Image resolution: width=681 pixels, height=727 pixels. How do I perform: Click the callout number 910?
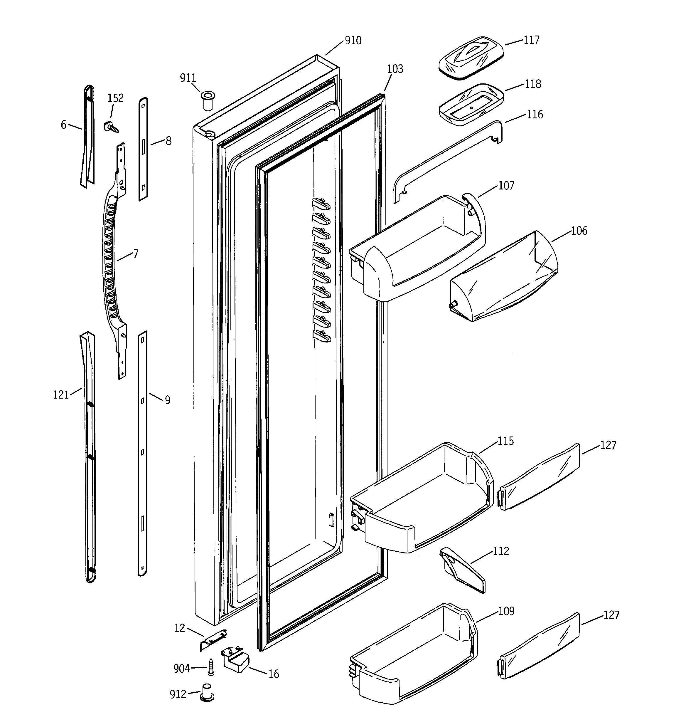click(x=353, y=41)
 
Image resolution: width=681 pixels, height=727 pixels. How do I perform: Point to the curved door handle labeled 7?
click(x=110, y=256)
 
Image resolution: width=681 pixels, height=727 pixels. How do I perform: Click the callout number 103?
click(x=395, y=69)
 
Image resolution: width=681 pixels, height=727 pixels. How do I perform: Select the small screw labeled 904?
click(x=211, y=667)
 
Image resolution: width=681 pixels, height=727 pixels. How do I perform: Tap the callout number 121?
click(x=61, y=395)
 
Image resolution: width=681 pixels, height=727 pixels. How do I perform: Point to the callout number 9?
click(x=167, y=400)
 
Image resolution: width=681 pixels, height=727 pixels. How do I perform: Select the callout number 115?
click(x=505, y=441)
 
